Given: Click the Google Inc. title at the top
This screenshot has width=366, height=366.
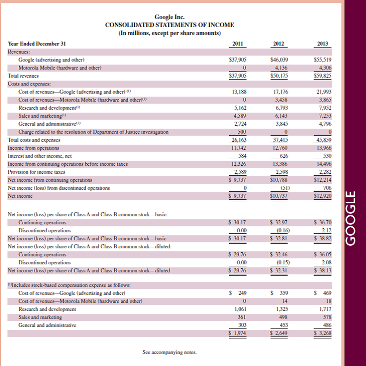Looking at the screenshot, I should point(169,17).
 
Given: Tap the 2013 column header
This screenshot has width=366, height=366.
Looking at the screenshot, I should point(322,44).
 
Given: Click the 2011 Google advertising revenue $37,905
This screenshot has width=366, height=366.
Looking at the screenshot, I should point(237,60).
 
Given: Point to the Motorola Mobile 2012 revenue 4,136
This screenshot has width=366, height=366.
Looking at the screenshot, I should point(281,68).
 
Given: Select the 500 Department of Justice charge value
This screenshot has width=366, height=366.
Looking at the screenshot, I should point(240,132).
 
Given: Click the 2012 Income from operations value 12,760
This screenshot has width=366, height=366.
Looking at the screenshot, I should point(279,148).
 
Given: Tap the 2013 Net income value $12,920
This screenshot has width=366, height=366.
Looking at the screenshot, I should point(322,196).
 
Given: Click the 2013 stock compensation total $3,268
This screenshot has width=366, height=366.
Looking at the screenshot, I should point(322,332).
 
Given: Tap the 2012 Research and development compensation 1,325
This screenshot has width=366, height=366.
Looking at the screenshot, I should point(281,309).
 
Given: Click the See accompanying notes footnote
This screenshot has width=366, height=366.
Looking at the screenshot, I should point(169,352).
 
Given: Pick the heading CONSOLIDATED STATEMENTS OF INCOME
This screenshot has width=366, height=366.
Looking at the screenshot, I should point(169,25).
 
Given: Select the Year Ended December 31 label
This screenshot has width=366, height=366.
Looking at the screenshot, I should point(37,44).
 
